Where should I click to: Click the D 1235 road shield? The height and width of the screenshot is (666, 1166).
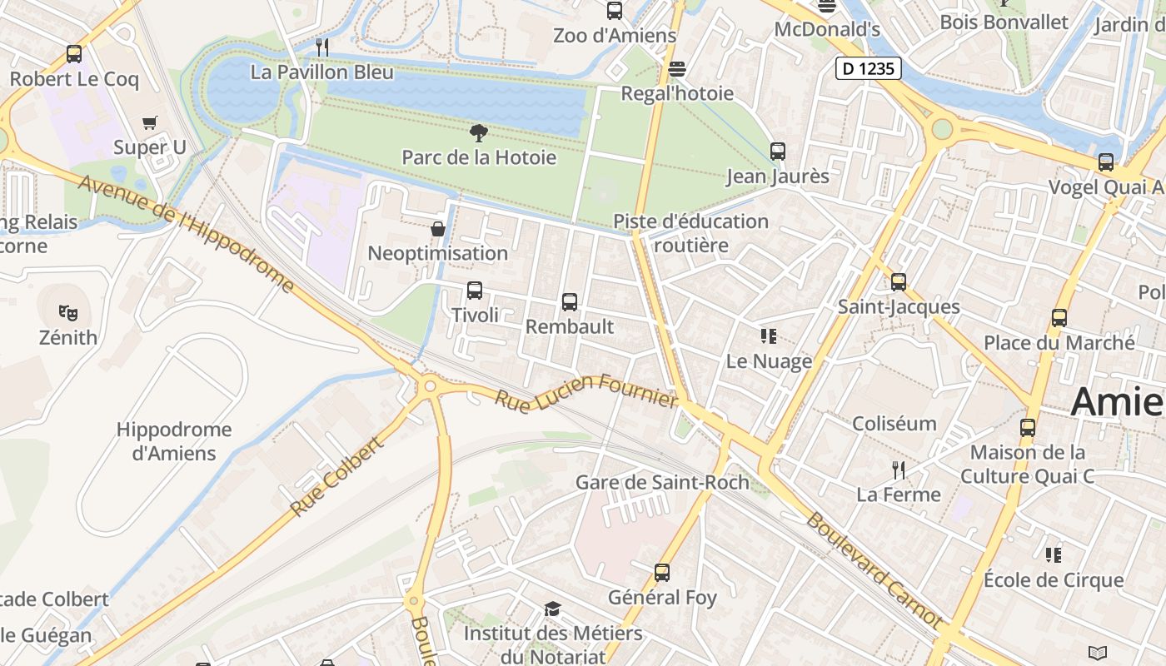pos(869,68)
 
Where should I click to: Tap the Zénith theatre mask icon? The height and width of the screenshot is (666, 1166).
pos(68,313)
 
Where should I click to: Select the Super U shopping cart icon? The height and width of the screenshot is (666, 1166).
pos(150,123)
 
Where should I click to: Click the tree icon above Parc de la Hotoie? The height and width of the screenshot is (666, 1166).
pos(478,132)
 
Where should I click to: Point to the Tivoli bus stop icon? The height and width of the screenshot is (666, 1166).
pos(475,291)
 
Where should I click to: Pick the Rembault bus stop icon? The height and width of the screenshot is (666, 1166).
pos(570,302)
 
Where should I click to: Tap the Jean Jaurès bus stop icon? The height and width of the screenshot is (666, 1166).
pos(778,152)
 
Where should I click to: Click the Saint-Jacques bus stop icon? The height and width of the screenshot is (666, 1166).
pos(899,282)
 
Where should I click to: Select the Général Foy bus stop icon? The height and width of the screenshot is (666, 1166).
pos(662,573)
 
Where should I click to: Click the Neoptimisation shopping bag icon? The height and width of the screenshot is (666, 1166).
pos(437,229)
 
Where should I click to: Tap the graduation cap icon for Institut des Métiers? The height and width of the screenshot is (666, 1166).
pos(552,609)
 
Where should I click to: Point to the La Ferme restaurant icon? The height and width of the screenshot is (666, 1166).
pos(899,470)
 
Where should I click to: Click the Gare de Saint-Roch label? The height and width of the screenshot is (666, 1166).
pos(662,482)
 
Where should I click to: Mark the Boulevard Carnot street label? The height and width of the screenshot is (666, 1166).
pos(874,570)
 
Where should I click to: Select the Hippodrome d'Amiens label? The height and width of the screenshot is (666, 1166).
pos(173,441)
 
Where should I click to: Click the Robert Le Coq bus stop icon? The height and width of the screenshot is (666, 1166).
pos(74,54)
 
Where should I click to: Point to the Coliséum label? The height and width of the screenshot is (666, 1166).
pos(894,423)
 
